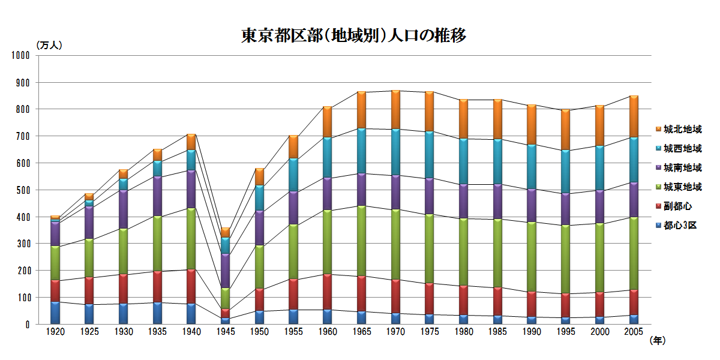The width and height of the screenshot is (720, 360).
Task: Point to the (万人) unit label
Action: click(x=49, y=45)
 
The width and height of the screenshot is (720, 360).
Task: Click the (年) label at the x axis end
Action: click(x=658, y=340)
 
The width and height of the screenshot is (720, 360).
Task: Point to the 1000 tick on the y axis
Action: click(x=20, y=55)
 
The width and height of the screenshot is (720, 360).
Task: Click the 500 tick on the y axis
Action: click(x=23, y=190)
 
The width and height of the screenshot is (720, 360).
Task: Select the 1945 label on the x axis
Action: click(x=225, y=332)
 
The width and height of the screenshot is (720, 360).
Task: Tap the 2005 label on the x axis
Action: click(x=634, y=332)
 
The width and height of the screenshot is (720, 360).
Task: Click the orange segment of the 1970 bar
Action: click(x=395, y=109)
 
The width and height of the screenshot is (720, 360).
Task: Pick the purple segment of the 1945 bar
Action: click(x=225, y=271)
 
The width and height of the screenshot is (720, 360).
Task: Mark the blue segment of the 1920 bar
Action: click(x=55, y=313)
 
